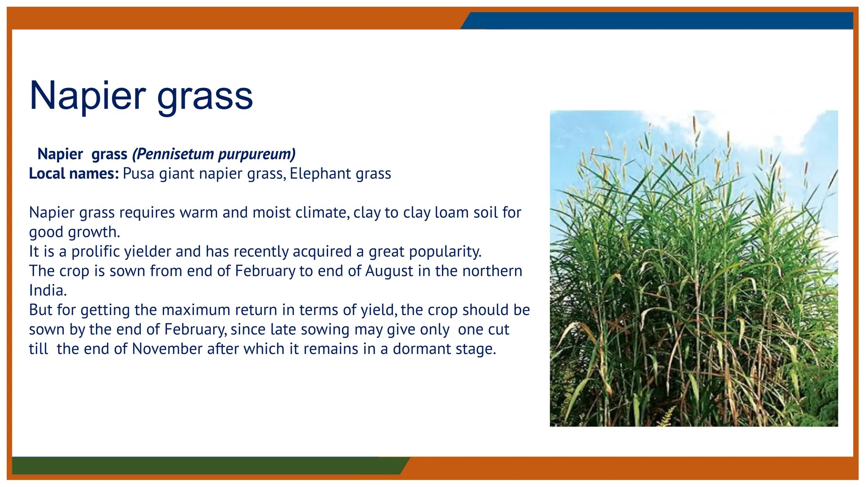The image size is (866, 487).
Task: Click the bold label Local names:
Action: click(x=74, y=174)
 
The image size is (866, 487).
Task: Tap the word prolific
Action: click(x=95, y=252)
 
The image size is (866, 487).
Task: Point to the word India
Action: click(x=47, y=290)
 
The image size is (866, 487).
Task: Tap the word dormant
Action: click(x=422, y=349)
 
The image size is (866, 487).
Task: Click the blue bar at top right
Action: click(x=660, y=20)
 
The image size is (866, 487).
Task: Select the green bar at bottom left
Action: click(x=207, y=465)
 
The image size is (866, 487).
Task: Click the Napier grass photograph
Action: click(x=693, y=268)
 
